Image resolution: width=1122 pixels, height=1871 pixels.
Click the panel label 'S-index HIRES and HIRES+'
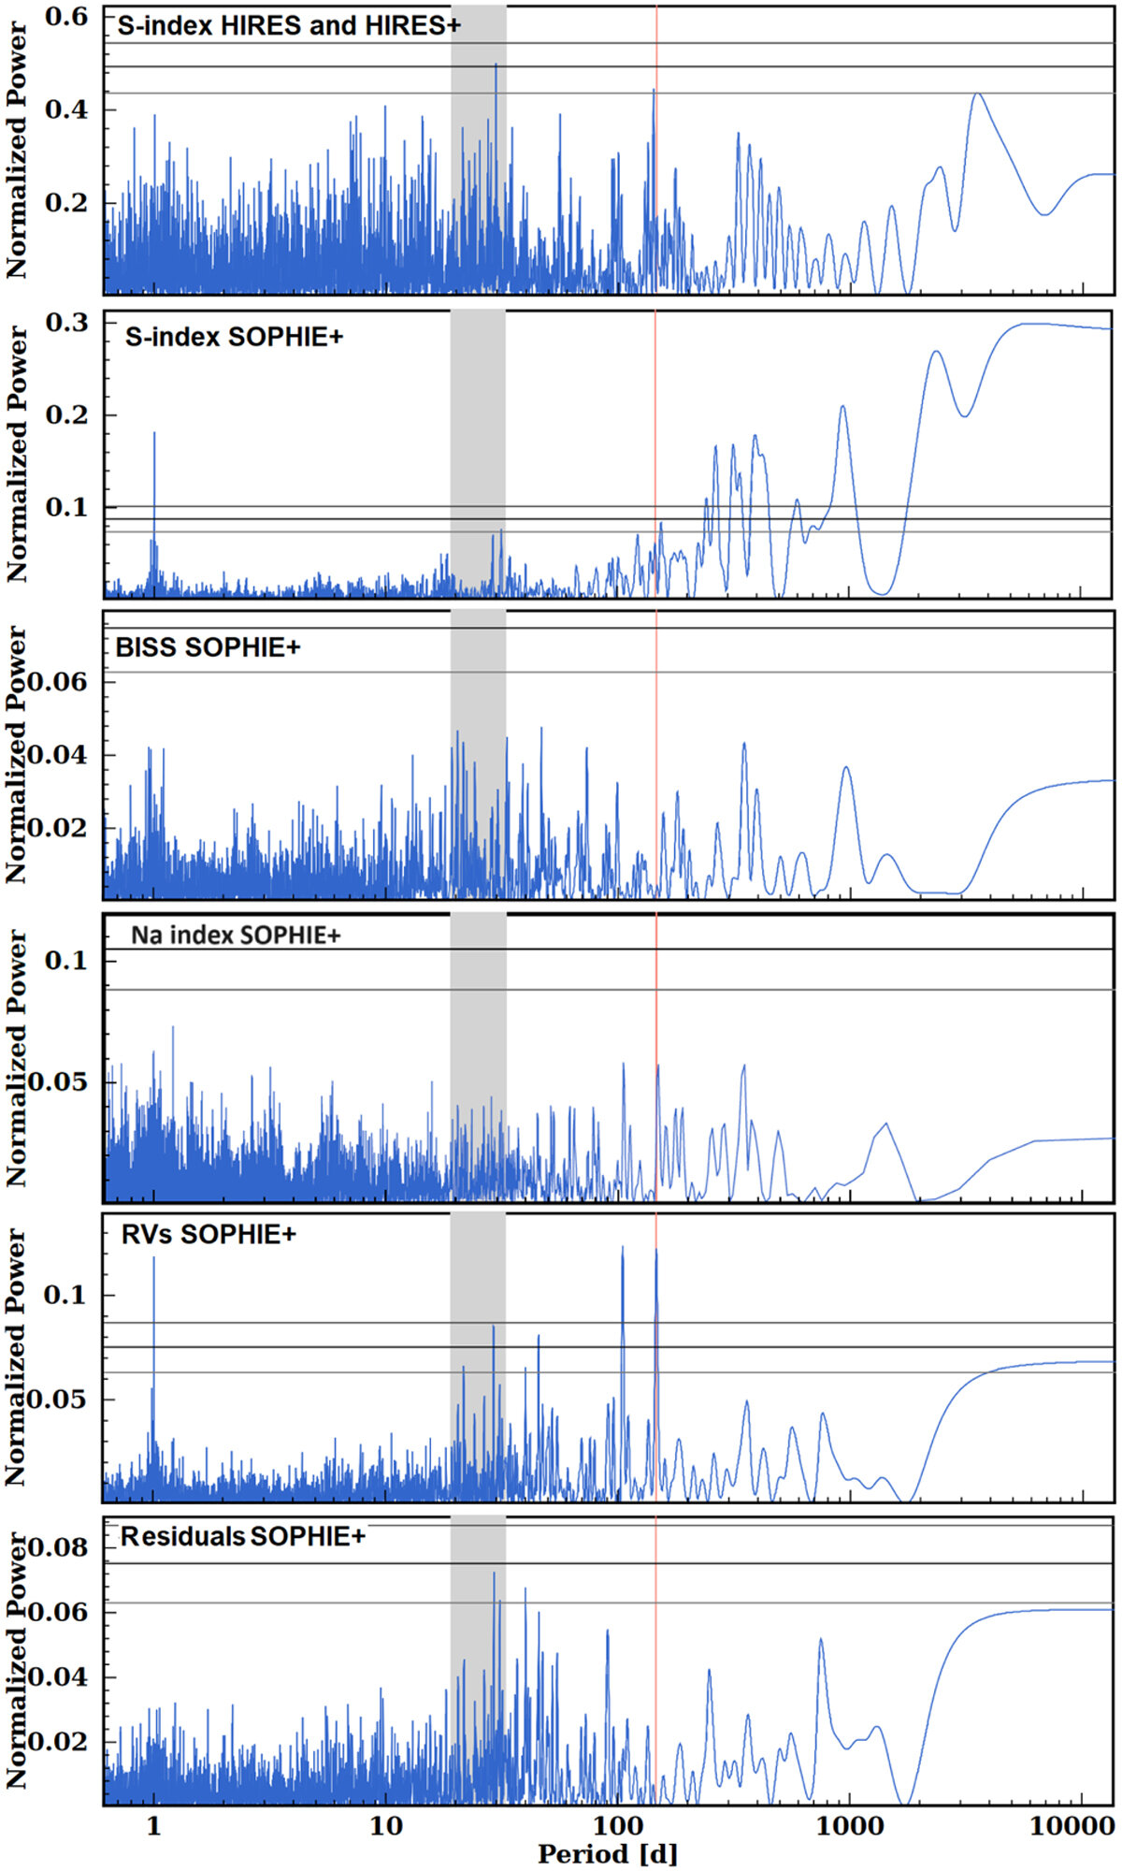coord(288,26)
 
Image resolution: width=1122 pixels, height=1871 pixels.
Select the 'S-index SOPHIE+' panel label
coord(234,337)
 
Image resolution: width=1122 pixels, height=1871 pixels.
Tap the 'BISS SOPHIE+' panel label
coord(208,646)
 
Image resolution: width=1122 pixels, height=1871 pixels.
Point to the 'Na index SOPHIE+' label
coord(236,935)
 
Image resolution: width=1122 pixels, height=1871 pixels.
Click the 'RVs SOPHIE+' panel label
coord(209,1235)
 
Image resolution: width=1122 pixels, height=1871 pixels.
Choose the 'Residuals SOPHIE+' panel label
coord(243,1536)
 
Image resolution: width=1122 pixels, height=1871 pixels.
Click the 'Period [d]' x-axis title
coord(608,1852)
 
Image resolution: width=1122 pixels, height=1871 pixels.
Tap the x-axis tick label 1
coord(154,1825)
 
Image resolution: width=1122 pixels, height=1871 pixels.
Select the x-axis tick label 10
coord(385,1825)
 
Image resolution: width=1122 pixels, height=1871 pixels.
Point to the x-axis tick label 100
coord(616,1825)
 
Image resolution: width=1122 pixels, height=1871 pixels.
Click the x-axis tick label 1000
coord(849,1825)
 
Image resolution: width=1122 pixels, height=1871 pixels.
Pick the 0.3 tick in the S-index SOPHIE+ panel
coord(67,323)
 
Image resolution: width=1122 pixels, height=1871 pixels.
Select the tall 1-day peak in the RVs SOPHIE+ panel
coord(154,1258)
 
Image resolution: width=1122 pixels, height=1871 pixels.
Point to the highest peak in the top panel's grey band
coord(496,65)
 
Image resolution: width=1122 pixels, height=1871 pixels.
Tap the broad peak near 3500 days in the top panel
coord(977,94)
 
